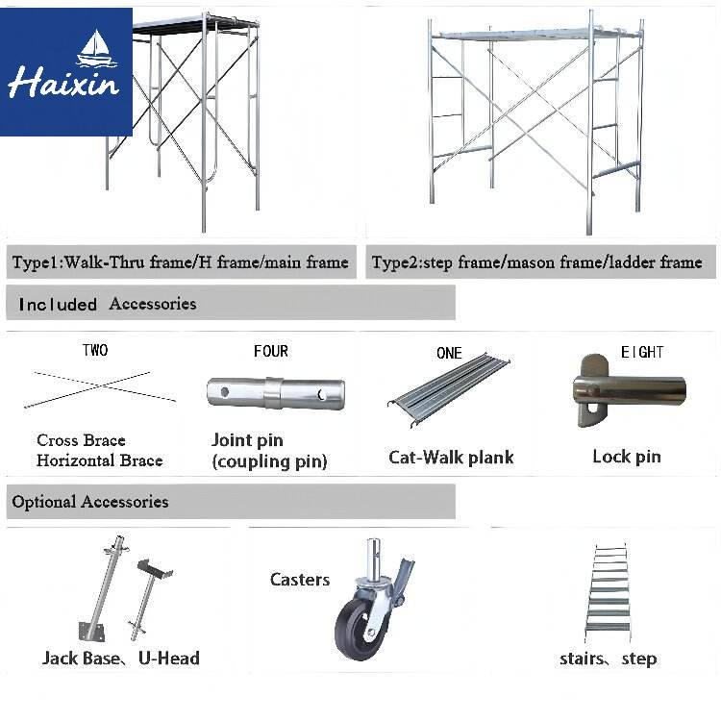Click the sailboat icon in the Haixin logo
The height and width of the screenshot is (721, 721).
click(x=96, y=49)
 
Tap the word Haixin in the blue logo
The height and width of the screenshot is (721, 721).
click(x=63, y=83)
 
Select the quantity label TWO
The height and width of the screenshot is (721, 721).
click(x=95, y=350)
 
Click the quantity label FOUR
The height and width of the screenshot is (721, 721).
click(x=271, y=351)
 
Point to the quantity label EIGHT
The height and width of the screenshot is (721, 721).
click(x=642, y=352)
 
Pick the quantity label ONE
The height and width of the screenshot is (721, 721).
click(x=449, y=353)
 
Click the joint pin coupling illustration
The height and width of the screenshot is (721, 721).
click(x=276, y=393)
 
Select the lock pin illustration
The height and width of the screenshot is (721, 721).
click(x=628, y=391)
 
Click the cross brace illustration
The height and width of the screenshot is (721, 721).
click(x=100, y=389)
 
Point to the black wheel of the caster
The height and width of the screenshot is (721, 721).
click(x=359, y=628)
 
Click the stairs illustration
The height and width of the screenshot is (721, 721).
click(x=608, y=593)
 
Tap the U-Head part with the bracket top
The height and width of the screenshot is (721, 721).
click(x=149, y=598)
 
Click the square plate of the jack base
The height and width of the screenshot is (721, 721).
click(x=92, y=632)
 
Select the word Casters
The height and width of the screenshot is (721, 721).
click(x=300, y=580)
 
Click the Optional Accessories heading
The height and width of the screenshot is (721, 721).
click(x=90, y=502)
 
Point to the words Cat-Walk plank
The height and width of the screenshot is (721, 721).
click(x=451, y=457)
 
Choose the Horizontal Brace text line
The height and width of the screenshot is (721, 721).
click(x=100, y=460)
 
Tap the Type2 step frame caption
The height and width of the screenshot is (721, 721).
click(x=536, y=262)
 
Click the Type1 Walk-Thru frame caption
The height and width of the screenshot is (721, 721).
click(x=181, y=262)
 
